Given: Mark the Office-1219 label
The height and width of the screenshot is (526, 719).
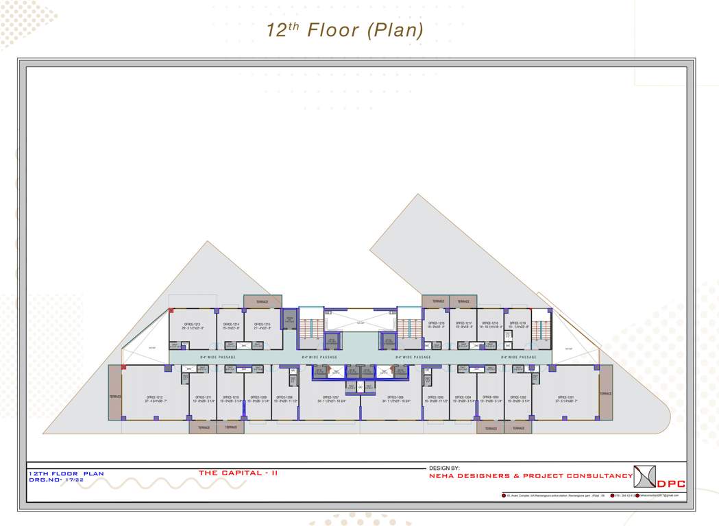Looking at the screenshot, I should (518, 323).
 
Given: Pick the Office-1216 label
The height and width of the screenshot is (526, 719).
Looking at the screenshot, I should (437, 323).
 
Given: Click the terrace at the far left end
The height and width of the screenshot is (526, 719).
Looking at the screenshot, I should (115, 397).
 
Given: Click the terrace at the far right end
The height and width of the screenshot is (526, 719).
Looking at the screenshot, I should (605, 394).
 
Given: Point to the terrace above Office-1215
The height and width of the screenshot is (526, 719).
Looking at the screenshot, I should (263, 301).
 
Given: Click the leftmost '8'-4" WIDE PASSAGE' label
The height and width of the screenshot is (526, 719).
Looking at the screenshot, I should (218, 357).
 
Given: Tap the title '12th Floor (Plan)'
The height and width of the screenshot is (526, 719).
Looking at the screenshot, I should (345, 30).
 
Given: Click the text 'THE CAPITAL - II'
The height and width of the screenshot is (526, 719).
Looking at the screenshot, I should (238, 473).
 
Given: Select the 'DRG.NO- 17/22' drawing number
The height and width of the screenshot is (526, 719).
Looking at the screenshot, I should (57, 479).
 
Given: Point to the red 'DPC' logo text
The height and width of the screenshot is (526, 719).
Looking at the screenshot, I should (671, 484).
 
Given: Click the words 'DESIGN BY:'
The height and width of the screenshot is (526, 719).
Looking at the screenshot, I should (445, 468).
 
